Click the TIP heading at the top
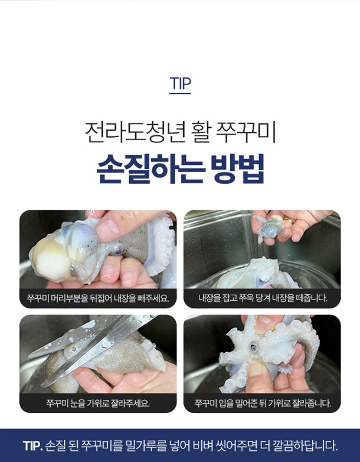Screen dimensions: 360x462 coord(180,83)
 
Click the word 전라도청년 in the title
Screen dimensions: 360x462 coord(135,132)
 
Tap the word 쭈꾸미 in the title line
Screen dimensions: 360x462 coord(246,132)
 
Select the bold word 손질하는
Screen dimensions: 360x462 coord(150,169)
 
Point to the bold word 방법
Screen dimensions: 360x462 coord(238,169)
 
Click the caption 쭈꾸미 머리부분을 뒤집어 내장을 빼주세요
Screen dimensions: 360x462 coord(98,298)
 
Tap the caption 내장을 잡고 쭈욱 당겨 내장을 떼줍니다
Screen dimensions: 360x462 coord(262,298)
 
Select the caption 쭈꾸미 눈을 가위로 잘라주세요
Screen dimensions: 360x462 coord(98,403)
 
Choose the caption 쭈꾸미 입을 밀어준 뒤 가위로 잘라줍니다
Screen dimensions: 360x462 coord(262,403)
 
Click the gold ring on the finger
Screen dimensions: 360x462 coord(288,220)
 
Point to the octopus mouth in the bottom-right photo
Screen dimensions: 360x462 coord(253,348)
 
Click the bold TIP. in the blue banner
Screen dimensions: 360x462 coord(33,445)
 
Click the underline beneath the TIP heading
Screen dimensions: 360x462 coord(180,93)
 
